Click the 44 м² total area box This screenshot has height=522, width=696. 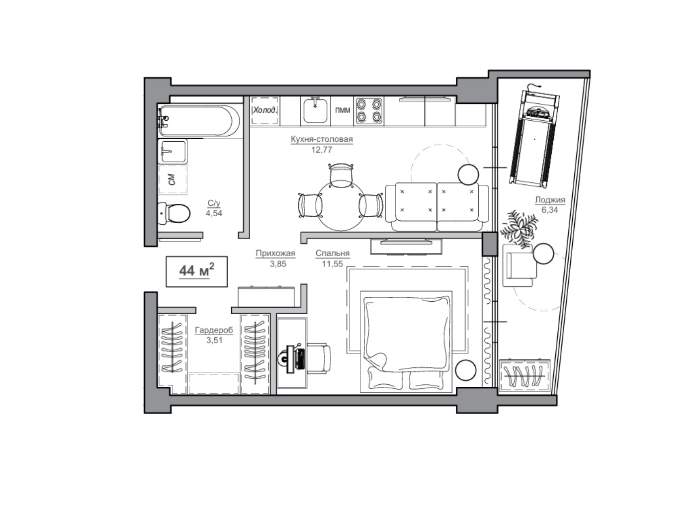pos(196,271)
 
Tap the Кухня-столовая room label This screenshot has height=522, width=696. pos(322,139)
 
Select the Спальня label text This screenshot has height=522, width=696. pos(332,253)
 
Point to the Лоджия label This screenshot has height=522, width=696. pos(550,200)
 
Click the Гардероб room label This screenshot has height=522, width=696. pos(214,330)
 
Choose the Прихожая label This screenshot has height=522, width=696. pos(275,253)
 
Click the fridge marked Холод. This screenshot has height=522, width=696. pos(265,110)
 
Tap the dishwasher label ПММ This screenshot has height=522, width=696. pos(343,110)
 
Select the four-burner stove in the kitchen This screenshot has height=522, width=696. pos(369,110)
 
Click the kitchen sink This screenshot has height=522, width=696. pos(315,110)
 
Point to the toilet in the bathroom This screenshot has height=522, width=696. pos(174,213)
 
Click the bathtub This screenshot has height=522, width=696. pos(199,121)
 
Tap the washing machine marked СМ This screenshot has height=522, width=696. pos(173,179)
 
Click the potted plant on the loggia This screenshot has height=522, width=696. pos(519,229)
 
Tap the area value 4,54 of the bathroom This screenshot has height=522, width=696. pos(214,213)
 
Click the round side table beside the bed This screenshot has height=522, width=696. pos(466,370)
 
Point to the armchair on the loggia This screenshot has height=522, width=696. pos(520,265)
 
